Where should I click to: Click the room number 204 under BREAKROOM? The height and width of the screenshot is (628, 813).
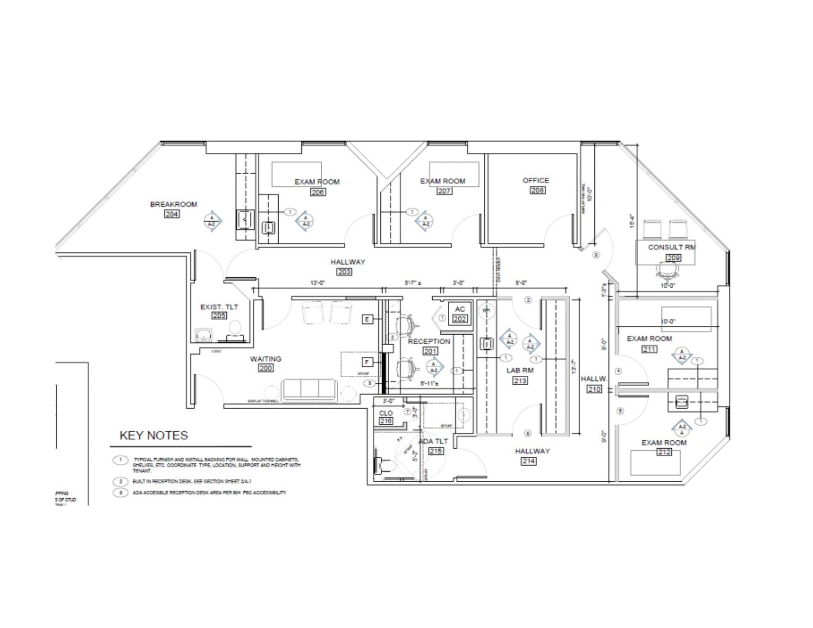click(x=171, y=214)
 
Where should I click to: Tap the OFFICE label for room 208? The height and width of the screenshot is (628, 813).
click(x=536, y=181)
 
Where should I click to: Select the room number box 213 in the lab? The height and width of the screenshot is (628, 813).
click(x=520, y=381)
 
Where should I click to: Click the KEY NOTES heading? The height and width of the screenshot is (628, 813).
click(x=154, y=435)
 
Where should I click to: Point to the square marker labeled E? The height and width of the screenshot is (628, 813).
click(x=367, y=319)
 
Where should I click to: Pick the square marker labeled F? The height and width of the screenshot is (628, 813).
click(x=367, y=362)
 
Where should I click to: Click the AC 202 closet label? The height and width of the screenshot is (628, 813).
click(x=460, y=314)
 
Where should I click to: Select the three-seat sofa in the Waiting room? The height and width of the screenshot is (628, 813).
click(x=309, y=389)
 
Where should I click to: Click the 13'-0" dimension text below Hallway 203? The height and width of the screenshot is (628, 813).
click(x=317, y=283)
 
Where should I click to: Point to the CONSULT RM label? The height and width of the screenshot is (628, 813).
click(x=671, y=247)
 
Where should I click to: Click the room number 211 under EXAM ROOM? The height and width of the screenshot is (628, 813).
click(x=649, y=349)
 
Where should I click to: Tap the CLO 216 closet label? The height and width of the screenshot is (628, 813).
click(x=385, y=417)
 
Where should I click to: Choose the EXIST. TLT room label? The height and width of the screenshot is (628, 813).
click(x=219, y=307)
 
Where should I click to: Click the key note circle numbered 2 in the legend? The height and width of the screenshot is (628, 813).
click(x=120, y=481)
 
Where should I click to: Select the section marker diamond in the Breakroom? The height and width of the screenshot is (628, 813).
click(x=212, y=221)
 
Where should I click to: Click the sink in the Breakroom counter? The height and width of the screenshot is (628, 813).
click(x=245, y=219)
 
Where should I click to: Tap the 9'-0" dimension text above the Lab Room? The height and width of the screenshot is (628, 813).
click(x=520, y=283)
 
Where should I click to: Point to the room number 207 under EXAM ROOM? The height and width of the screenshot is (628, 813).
click(x=444, y=191)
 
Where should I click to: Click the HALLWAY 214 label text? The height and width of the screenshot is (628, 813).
click(x=532, y=451)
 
